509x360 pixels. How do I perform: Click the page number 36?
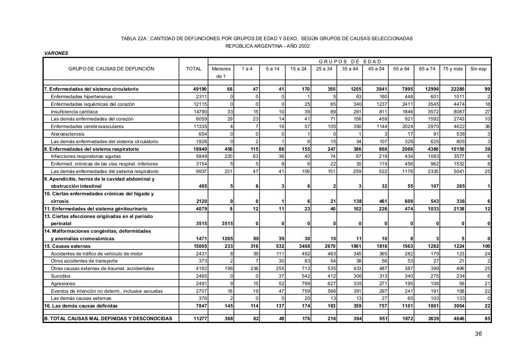tap(478, 334)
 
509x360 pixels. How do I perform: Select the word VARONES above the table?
tap(56, 53)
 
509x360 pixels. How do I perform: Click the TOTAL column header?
tap(194, 69)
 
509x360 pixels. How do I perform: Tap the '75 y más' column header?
tap(453, 69)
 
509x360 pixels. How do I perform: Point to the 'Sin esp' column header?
tap(478, 69)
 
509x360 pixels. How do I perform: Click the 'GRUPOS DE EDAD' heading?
tap(350, 62)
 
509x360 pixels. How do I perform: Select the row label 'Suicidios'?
tap(60, 276)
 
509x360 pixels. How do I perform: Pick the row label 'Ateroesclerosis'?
tap(68, 134)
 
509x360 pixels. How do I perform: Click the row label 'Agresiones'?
tap(63, 284)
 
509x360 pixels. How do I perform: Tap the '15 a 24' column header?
tap(298, 69)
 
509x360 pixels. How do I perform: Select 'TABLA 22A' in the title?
tap(134, 39)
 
